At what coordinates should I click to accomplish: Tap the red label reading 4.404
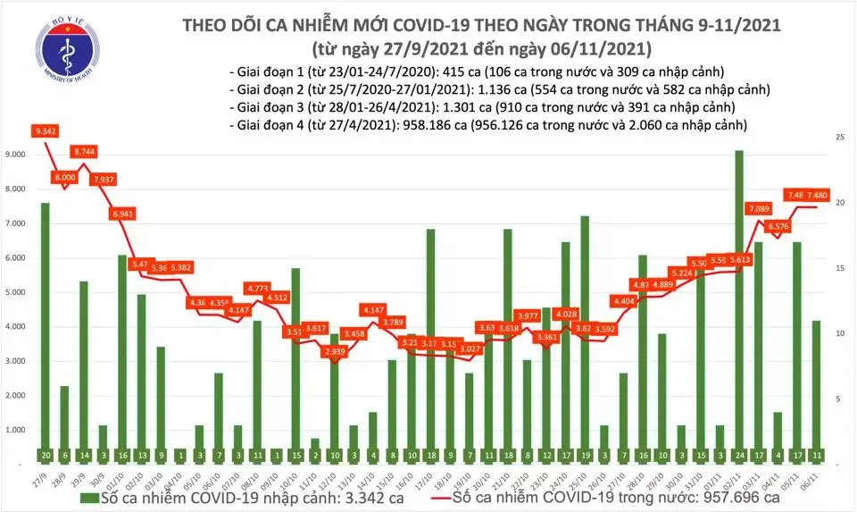coord(624,302)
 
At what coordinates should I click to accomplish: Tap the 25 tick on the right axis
coord(840,138)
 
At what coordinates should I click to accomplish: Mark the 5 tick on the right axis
coord(840,399)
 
